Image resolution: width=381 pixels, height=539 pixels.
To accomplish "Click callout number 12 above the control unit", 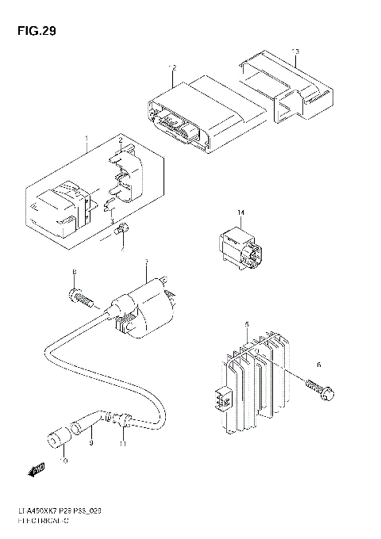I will (x=171, y=67).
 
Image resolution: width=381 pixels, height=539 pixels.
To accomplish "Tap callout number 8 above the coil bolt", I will (x=74, y=274).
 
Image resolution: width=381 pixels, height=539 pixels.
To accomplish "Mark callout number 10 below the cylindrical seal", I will (x=64, y=461).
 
